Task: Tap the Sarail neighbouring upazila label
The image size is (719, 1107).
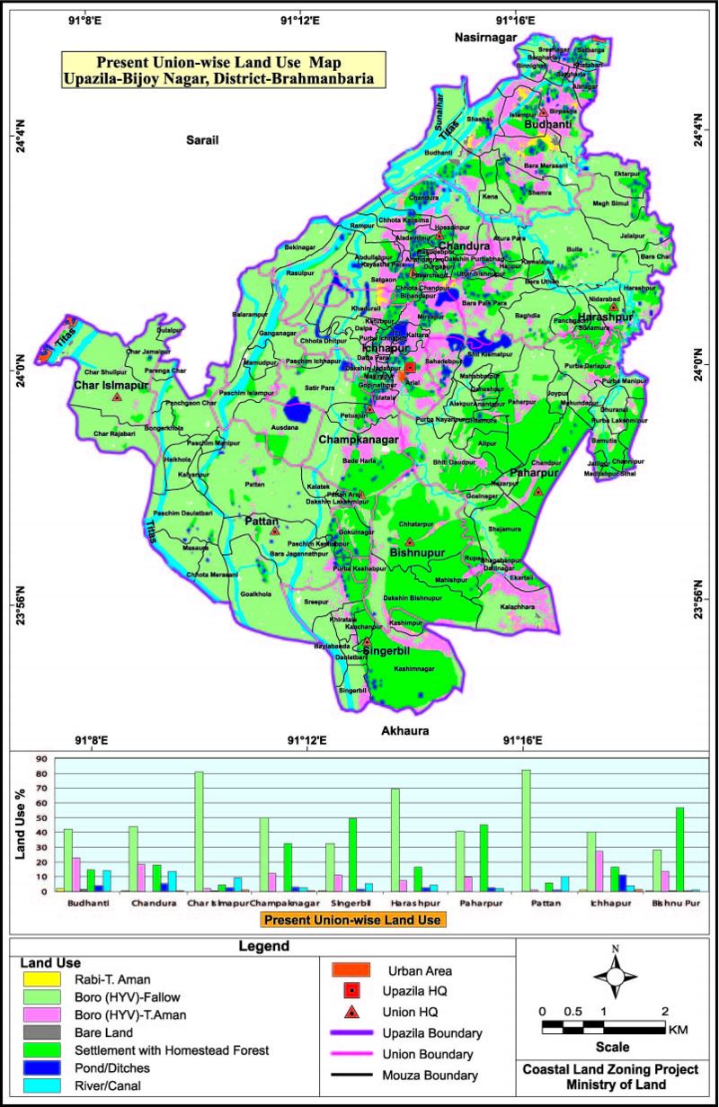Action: pos(204,140)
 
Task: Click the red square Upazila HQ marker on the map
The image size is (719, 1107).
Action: pos(410,367)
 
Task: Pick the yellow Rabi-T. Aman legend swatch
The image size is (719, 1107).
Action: pos(41,979)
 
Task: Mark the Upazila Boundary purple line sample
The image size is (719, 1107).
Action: pos(351,1032)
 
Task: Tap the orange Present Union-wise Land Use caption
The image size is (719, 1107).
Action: pos(354,919)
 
